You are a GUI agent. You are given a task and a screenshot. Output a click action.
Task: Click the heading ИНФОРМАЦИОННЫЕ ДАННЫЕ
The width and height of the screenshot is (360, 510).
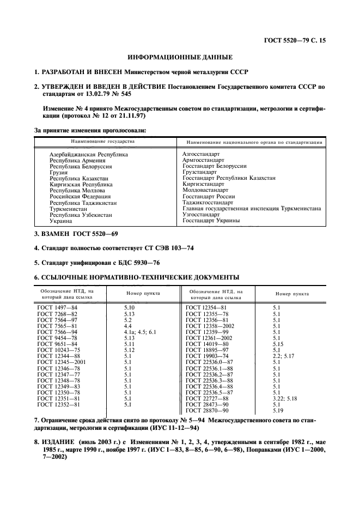(x=180, y=57)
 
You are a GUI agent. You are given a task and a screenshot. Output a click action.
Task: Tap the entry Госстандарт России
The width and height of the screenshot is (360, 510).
(x=209, y=196)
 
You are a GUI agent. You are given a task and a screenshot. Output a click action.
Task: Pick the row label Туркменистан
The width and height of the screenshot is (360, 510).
(x=71, y=209)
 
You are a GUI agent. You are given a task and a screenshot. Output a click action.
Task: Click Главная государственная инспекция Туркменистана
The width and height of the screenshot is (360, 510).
(x=251, y=209)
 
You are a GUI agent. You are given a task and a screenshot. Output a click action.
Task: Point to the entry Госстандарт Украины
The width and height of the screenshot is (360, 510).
(x=211, y=221)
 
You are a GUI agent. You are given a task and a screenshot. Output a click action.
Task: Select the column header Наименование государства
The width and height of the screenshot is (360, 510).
(x=102, y=142)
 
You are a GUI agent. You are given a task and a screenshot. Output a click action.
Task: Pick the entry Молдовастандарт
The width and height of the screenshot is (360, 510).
(x=205, y=190)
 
